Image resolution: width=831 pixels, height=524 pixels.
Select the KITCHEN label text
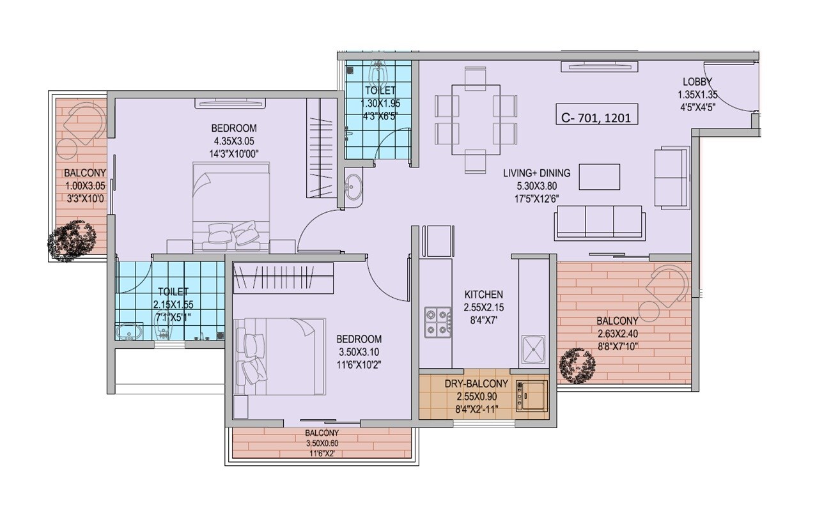(x=483, y=295)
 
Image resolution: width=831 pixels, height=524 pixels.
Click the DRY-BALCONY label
(x=476, y=384)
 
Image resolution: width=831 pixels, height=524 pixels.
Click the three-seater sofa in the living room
(x=599, y=222)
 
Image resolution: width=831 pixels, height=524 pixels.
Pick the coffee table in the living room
(x=599, y=177)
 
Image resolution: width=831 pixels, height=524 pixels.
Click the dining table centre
(x=476, y=119)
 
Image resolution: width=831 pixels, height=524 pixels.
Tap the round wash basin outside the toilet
(x=352, y=187)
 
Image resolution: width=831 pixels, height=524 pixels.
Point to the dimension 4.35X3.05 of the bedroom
(x=235, y=141)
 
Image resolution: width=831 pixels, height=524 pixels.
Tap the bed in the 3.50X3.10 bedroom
(x=281, y=357)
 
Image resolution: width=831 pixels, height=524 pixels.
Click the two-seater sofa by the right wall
(x=671, y=178)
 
